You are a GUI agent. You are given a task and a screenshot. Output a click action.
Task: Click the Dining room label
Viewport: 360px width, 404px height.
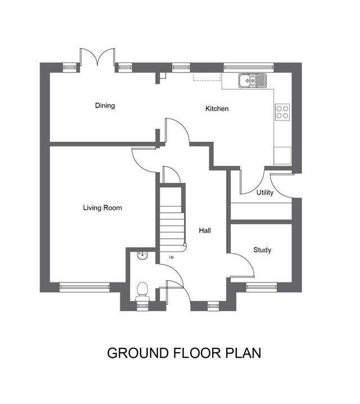pyautogui.click(x=105, y=105)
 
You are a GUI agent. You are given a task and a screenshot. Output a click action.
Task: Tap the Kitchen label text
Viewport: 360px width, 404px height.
pyautogui.click(x=217, y=109)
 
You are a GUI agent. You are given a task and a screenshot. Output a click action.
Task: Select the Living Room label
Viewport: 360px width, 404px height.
pyautogui.click(x=102, y=208)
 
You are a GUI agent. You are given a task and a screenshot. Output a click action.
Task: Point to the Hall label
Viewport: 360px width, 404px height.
pyautogui.click(x=205, y=230)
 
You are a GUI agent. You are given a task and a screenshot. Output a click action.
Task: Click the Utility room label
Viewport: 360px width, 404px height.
pyautogui.click(x=265, y=193)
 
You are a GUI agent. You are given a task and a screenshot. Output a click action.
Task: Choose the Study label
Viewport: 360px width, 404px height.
pyautogui.click(x=262, y=250)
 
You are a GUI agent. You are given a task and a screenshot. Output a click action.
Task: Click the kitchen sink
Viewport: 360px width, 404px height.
pyautogui.click(x=253, y=82)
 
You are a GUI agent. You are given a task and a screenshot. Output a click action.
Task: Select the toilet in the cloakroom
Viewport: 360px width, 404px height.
pyautogui.click(x=143, y=291)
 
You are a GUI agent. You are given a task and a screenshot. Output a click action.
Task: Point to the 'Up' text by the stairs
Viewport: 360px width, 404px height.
pyautogui.click(x=172, y=257)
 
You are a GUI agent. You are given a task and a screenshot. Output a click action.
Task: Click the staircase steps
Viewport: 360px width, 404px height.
pyautogui.click(x=172, y=219)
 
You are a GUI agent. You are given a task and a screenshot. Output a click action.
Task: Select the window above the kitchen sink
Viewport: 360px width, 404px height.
pyautogui.click(x=249, y=66)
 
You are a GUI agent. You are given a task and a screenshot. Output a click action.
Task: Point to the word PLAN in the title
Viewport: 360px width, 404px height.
pyautogui.click(x=242, y=353)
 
